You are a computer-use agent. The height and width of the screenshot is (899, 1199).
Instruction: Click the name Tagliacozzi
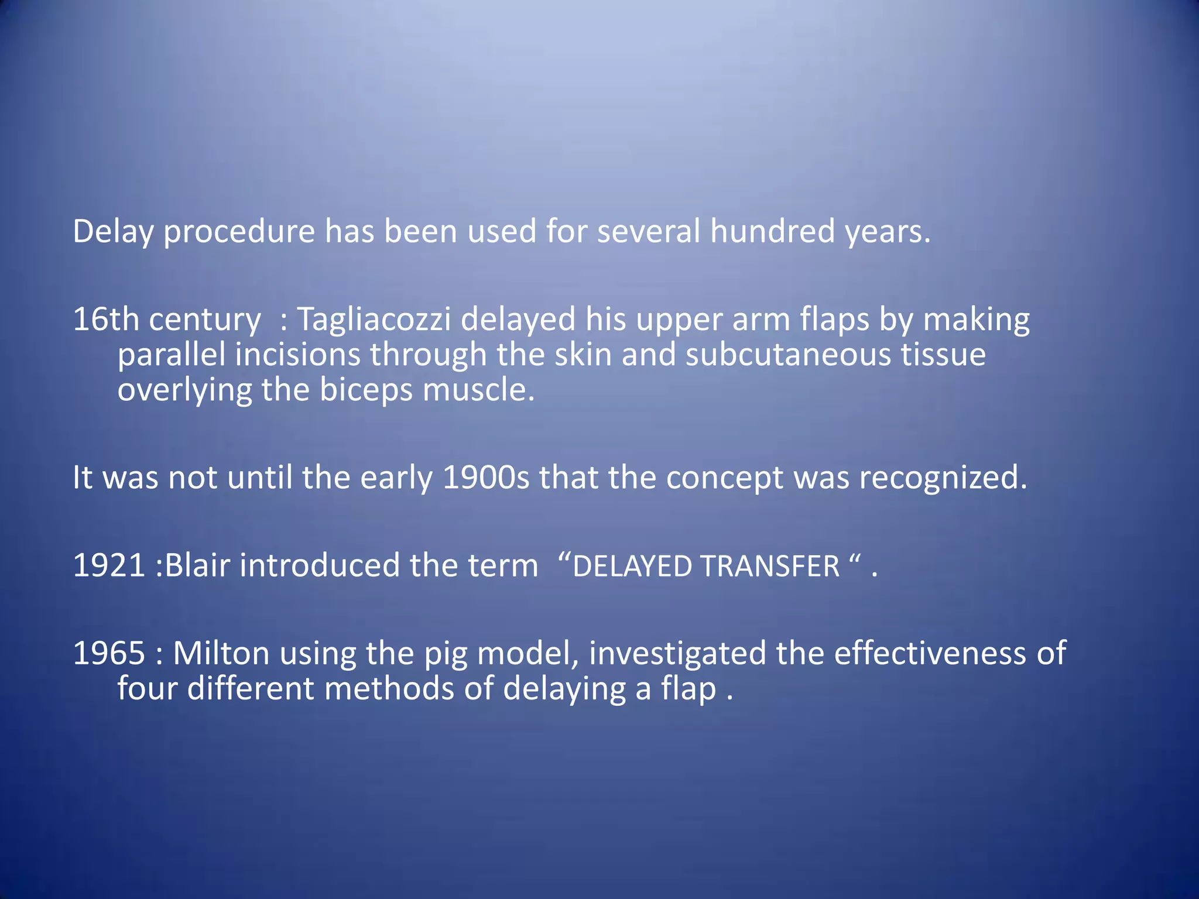point(374,320)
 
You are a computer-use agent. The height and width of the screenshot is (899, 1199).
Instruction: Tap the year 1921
point(109,566)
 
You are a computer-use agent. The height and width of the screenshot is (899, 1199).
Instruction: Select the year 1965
point(109,654)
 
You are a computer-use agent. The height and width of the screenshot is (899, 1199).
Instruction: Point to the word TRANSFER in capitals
point(770,567)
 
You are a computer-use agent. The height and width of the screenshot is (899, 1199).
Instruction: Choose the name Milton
point(221,654)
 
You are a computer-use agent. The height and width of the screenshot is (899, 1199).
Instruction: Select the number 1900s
point(485,478)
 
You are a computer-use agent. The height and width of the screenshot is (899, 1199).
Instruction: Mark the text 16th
point(105,320)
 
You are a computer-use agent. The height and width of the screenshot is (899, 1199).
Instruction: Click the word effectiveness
point(930,654)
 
